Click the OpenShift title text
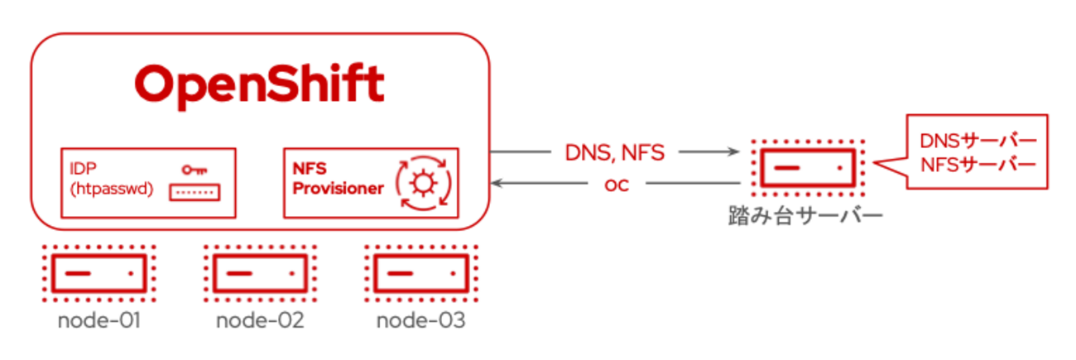pyautogui.click(x=260, y=84)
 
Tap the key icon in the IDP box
pyautogui.click(x=195, y=170)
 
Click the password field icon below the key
pyautogui.click(x=194, y=193)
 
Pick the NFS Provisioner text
pyautogui.click(x=338, y=179)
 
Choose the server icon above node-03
pyautogui.click(x=421, y=271)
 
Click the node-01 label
pyautogui.click(x=98, y=320)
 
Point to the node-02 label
pyautogui.click(x=260, y=320)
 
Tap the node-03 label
pyautogui.click(x=421, y=320)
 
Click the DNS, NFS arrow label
pyautogui.click(x=614, y=151)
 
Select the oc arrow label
pyautogui.click(x=616, y=184)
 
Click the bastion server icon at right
pyautogui.click(x=807, y=168)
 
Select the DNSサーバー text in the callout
pyautogui.click(x=977, y=141)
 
